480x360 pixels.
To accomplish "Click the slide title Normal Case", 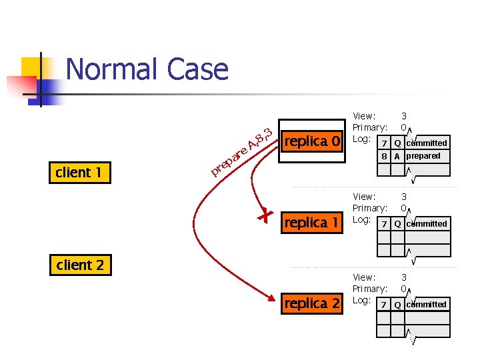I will tap(147, 69).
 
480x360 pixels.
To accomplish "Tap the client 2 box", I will tap(80, 265).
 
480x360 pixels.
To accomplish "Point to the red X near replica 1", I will tap(265, 215).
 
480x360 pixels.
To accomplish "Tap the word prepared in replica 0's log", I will tap(423, 156).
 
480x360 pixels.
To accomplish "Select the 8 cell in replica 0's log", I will tap(384, 157).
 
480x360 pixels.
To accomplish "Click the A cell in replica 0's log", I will tap(397, 157).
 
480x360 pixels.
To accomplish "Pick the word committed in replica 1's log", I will tap(427, 224).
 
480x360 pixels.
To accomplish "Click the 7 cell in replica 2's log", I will tap(383, 305).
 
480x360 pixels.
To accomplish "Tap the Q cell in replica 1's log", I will tap(397, 224).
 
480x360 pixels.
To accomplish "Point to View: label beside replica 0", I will tap(364, 116).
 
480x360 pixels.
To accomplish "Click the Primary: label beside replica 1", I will tap(369, 208).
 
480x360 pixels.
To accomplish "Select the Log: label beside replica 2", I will tap(361, 300).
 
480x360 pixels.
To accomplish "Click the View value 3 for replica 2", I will tap(404, 277).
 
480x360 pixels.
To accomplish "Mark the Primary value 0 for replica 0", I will tap(404, 127).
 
